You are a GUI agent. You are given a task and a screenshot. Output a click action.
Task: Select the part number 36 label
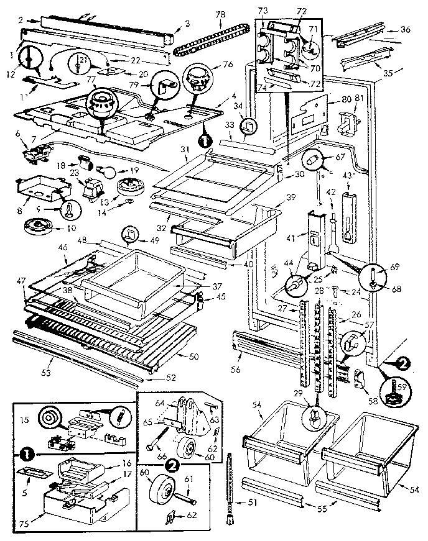coord(406,29)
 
